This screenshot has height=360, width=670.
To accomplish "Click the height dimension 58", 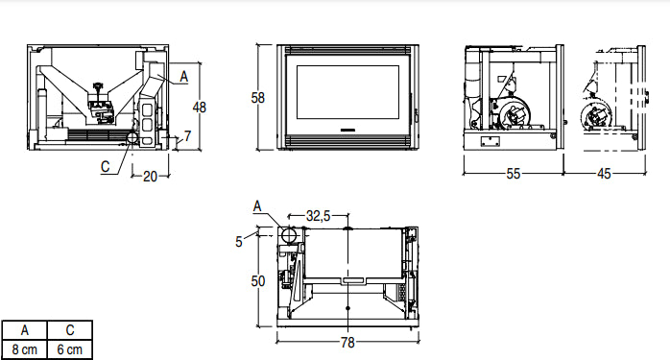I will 257,97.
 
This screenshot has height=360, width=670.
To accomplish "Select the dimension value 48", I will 200,107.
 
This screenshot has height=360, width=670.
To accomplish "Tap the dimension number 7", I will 187,136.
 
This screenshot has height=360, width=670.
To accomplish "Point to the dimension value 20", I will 150,176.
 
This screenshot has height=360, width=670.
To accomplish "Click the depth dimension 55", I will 514,174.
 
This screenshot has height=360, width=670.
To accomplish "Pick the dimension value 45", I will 604,174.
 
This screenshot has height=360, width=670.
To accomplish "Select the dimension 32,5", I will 318,218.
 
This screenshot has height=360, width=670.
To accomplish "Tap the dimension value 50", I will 258,281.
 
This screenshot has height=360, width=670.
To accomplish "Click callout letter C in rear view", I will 105,165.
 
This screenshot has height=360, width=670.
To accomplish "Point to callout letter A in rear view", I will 183,73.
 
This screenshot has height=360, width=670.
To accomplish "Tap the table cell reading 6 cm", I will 70,349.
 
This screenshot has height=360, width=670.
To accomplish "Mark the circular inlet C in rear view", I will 128,139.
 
